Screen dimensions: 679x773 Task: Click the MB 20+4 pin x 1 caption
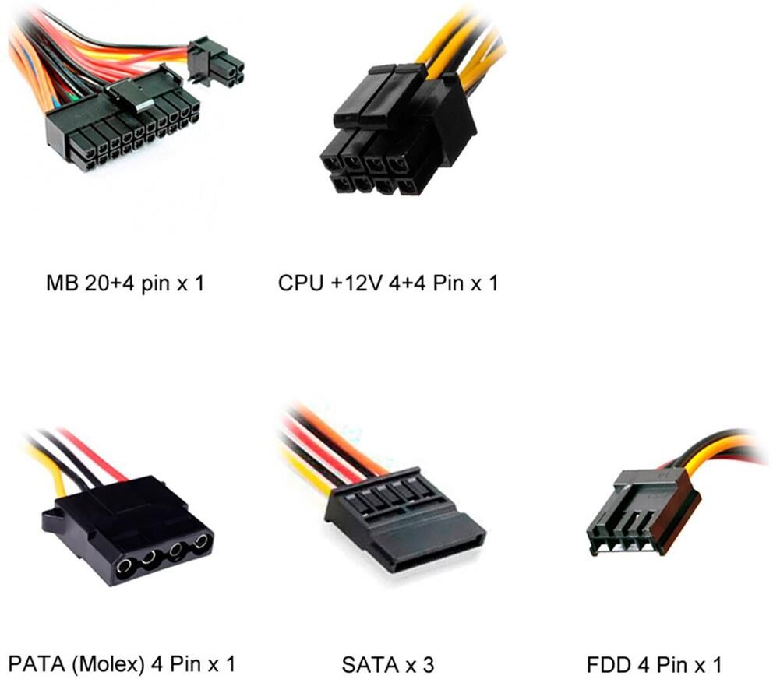click(x=124, y=283)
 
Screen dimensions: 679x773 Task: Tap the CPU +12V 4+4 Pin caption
click(x=387, y=283)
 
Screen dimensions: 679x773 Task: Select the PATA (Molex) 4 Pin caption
click(x=120, y=664)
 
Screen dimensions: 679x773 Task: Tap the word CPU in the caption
click(x=300, y=283)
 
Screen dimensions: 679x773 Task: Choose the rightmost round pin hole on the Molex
click(x=202, y=542)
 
